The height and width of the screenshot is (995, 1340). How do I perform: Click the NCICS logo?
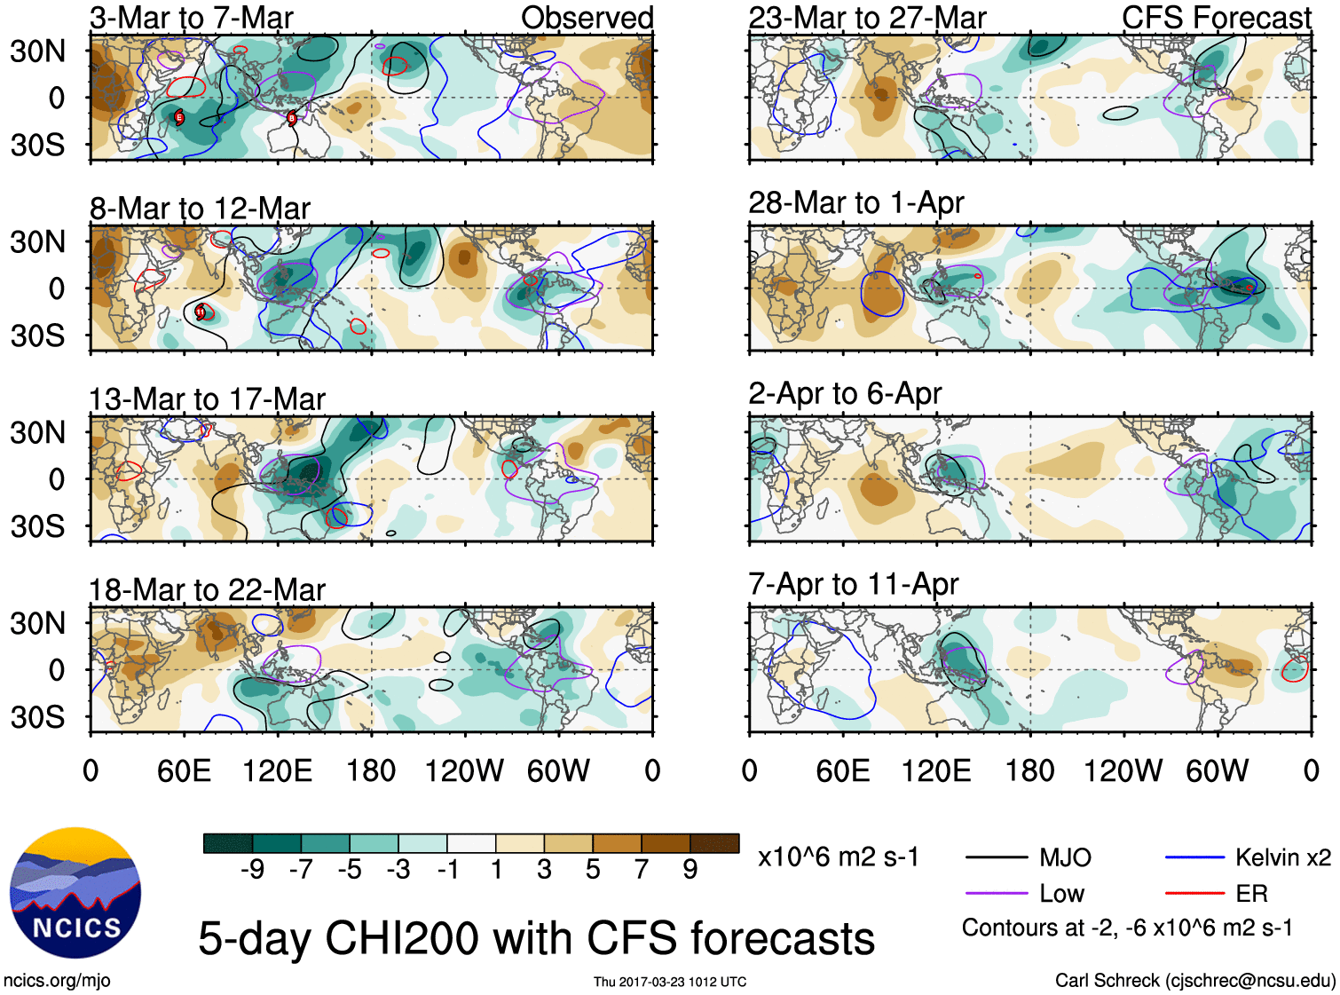(75, 893)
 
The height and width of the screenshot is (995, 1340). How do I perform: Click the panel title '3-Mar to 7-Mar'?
(191, 18)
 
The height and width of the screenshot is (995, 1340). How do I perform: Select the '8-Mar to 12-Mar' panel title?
(200, 209)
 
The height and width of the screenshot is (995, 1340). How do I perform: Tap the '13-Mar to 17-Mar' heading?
(207, 399)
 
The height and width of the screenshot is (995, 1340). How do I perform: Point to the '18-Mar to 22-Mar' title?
(207, 590)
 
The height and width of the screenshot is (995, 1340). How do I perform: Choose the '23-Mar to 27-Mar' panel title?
(867, 18)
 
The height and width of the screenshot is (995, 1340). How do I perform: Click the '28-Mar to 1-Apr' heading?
(855, 202)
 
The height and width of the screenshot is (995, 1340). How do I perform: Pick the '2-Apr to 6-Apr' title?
(845, 393)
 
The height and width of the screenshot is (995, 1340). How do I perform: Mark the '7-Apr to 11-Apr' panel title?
(853, 584)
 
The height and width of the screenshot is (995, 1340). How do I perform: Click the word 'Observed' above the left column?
(587, 18)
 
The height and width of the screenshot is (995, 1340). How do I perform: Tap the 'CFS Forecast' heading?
(1216, 18)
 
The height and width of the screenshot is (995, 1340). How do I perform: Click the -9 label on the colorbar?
(252, 870)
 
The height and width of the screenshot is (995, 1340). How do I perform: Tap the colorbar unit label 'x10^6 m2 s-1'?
(838, 857)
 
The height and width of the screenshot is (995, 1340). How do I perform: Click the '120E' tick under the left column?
(277, 770)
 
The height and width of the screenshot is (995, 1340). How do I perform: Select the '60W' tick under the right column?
(1217, 770)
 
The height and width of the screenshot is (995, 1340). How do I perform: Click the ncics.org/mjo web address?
(57, 981)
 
